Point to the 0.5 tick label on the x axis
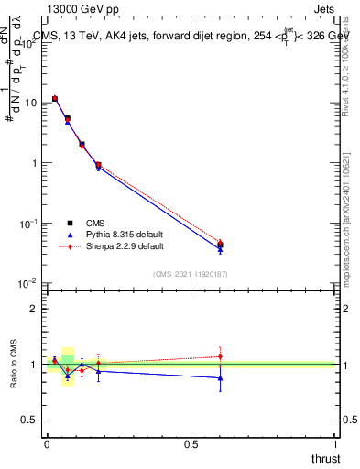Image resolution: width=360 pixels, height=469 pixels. point(191,444)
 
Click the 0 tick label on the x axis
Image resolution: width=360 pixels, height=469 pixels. point(47,444)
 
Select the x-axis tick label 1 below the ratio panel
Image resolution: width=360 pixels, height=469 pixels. point(335,444)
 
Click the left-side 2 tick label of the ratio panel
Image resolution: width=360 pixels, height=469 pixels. point(36,309)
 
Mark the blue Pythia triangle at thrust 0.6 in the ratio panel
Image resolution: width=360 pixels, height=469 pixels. point(220,377)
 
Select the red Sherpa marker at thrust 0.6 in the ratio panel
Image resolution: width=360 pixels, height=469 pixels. point(220,356)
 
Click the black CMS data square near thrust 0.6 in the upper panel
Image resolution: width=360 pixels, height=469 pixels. point(220,245)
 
